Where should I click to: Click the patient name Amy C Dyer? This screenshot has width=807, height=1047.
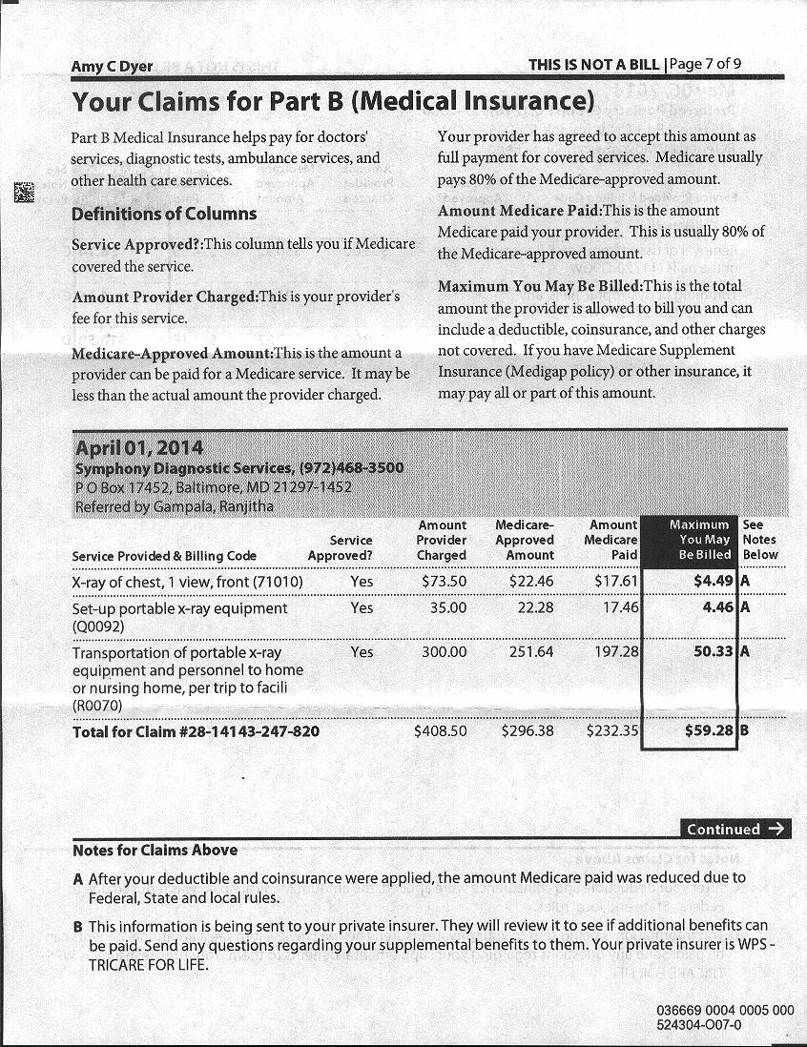coord(112,67)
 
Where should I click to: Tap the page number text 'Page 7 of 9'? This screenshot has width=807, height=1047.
coord(706,64)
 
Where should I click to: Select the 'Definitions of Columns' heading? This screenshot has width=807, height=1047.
coord(164,214)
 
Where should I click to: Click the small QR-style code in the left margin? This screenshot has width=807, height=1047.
coord(23,191)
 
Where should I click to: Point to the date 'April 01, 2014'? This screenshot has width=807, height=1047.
coord(138,447)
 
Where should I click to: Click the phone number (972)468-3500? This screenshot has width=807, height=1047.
coord(352,468)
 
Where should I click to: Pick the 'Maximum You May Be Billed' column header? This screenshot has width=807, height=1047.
coord(699,540)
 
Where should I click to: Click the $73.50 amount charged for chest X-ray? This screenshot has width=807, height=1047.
coord(444,582)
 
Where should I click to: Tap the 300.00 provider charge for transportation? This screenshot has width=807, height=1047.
coord(445,652)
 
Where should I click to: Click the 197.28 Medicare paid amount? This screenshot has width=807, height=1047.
coord(617,652)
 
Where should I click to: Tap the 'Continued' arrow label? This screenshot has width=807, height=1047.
coord(735,829)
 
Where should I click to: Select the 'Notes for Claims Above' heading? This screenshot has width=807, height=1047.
coord(155,850)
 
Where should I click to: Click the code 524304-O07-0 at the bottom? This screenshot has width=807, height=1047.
coord(699,1024)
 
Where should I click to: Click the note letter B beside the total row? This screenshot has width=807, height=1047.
coord(744,731)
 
